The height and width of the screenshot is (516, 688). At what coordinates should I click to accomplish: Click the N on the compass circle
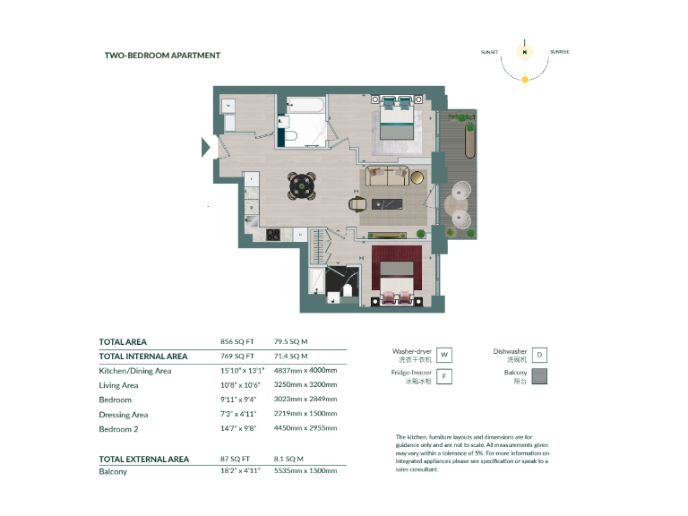tap(525, 52)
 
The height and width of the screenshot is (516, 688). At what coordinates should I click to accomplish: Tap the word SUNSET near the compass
tap(490, 52)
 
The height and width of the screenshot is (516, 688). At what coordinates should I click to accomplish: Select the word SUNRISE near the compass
tap(560, 52)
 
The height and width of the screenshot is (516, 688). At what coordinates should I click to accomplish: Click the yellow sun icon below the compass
tap(525, 80)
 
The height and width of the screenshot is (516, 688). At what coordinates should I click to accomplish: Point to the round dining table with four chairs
tap(302, 185)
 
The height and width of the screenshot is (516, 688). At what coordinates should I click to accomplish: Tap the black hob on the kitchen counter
tap(272, 235)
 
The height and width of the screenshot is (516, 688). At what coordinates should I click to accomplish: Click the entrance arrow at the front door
tap(206, 146)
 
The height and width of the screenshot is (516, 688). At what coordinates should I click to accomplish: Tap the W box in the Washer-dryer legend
tap(444, 356)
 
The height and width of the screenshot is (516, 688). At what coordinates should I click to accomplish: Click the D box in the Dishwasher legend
tap(538, 356)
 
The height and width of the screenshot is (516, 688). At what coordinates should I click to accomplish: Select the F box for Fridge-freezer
tap(444, 377)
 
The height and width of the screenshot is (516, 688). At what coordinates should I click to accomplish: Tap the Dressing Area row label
tap(124, 415)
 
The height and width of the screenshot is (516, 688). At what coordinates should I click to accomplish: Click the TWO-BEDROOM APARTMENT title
tap(162, 56)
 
